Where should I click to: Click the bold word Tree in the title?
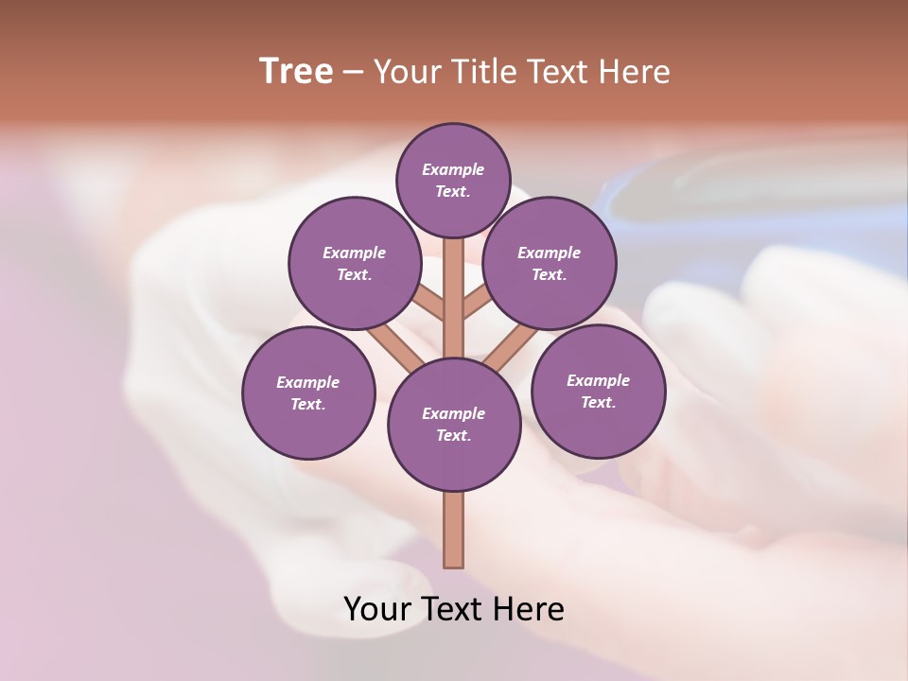tap(296, 72)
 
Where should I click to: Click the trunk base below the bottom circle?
tap(454, 530)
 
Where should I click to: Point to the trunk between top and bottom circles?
tap(454, 303)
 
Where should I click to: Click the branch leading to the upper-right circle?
tap(477, 304)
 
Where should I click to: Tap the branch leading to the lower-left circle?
tap(396, 348)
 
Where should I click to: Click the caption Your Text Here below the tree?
tap(454, 609)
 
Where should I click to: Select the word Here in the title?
tap(638, 72)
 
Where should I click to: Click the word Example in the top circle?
tap(453, 170)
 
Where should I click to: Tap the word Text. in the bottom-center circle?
tap(453, 436)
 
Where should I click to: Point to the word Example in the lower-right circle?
tap(598, 381)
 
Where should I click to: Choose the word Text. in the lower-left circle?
tap(307, 405)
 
